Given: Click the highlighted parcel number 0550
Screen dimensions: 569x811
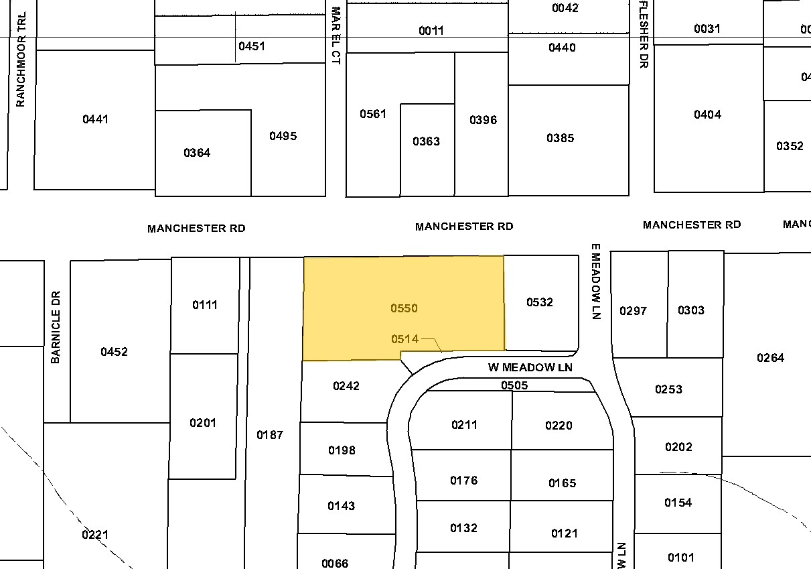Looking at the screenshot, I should point(404,308).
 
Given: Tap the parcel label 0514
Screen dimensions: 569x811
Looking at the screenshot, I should point(404,339).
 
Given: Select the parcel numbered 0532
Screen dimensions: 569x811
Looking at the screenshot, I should point(540,302).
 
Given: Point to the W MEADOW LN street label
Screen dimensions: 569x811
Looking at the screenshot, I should point(530,367).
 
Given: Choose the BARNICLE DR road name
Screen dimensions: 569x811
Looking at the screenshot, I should point(56,326).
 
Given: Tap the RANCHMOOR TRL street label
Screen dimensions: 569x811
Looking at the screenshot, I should point(20,60).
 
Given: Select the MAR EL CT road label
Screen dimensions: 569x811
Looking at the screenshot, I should point(336,35).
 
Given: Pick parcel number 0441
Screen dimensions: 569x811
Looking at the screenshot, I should point(95,119).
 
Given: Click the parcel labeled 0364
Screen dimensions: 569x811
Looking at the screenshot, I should point(197,153).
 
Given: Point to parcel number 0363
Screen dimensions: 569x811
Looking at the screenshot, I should point(426,141).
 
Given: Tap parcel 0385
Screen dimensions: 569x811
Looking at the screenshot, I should point(561,138).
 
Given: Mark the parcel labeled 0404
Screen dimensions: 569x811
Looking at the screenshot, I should point(707,115).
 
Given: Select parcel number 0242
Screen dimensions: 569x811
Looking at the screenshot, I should point(346,386).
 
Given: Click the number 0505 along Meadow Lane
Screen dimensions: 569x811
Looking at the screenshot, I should point(514,385).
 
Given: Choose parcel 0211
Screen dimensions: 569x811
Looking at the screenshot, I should point(465,425).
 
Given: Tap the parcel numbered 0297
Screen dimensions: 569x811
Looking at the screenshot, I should point(633,310).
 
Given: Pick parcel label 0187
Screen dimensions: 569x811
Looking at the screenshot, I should point(270,435).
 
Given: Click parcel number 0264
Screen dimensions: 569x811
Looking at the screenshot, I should point(770,358).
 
